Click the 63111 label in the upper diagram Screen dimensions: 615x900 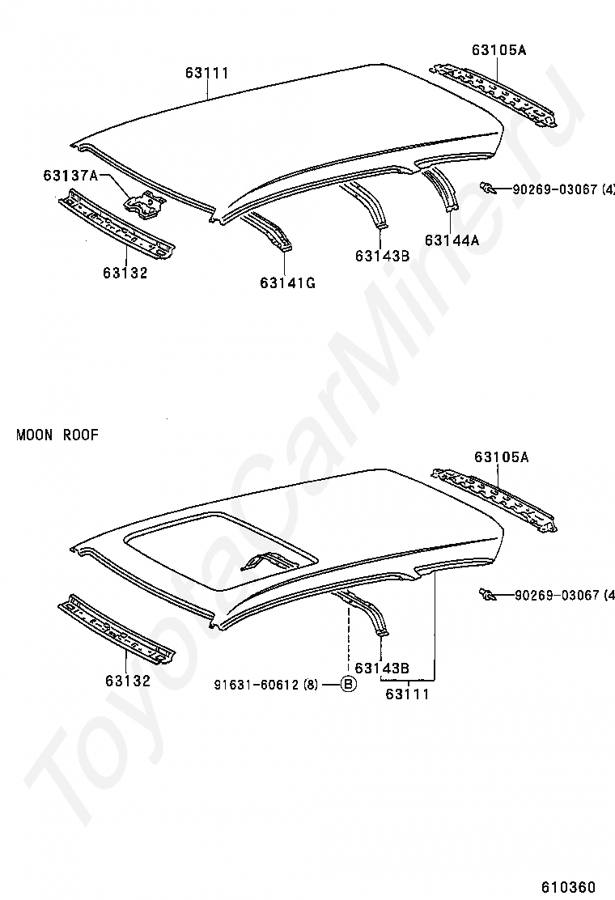point(207,74)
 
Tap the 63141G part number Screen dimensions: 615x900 point(287,282)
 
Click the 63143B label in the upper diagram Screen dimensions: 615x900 point(382,257)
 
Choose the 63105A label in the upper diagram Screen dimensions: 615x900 point(499,50)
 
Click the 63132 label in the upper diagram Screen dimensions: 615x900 point(125,273)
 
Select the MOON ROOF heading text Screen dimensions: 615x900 point(57,435)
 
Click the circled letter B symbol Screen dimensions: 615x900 point(347,685)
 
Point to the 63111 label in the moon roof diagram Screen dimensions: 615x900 point(407,694)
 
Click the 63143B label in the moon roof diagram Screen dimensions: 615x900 point(382,668)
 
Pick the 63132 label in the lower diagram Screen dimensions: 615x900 point(128,681)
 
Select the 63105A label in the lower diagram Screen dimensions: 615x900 point(502,457)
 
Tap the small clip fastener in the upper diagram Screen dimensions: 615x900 point(488,189)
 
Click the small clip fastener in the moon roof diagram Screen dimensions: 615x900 point(488,596)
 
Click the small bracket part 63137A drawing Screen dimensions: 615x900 point(146,202)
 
